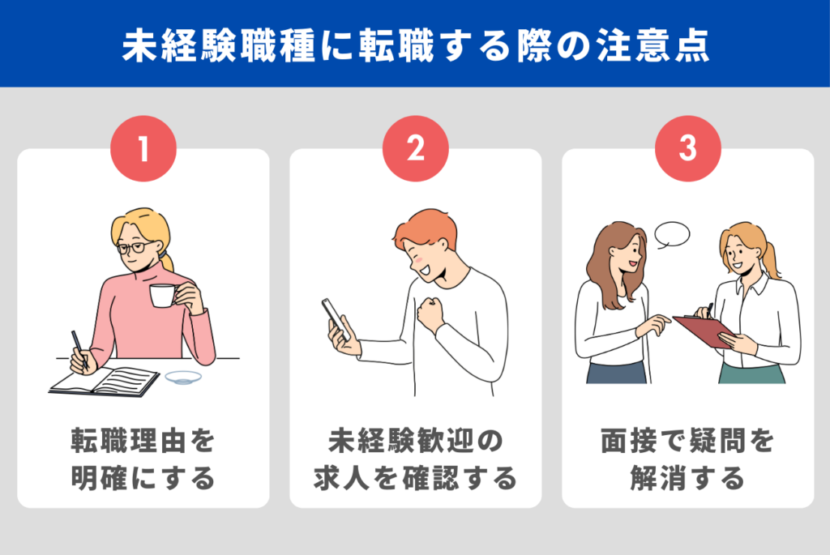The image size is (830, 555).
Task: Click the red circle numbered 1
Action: coord(143,148)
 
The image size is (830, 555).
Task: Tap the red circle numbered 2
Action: coord(416,148)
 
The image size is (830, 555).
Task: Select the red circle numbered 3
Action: coord(687,148)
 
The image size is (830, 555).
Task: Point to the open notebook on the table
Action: coord(105,381)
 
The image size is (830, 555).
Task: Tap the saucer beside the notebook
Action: coord(183,378)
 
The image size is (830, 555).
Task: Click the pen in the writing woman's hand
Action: coord(79,349)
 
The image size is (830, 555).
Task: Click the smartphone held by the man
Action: coord(335,319)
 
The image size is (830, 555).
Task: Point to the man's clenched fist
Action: coord(430,314)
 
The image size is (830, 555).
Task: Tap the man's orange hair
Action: coord(425,228)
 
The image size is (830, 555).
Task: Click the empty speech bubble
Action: coord(672,235)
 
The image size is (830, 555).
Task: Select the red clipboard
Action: coord(704,331)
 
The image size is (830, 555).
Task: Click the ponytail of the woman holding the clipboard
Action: coord(771,260)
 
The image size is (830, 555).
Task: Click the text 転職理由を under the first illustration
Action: coord(143,441)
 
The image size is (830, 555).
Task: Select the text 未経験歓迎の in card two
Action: coord(416,441)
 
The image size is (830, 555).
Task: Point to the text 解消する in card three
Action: coord(687,478)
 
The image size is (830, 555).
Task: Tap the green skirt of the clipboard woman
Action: coord(751,374)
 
